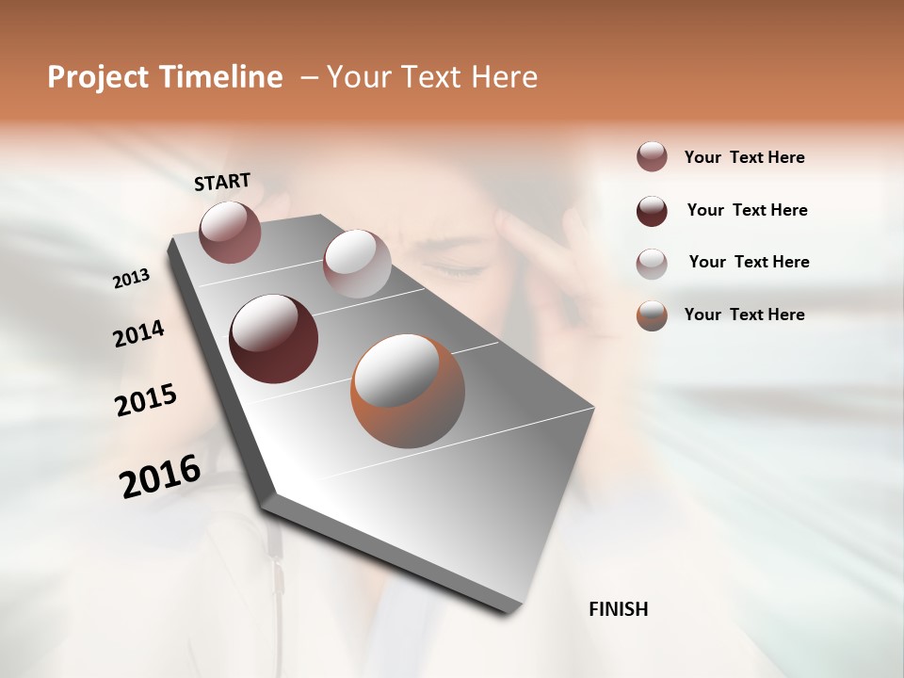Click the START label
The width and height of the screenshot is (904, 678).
click(222, 181)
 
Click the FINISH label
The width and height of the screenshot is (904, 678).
click(618, 609)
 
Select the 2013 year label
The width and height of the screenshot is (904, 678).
click(131, 278)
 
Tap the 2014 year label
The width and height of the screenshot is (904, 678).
click(138, 334)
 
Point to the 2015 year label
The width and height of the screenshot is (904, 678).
click(146, 400)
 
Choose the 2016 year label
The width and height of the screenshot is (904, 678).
click(160, 476)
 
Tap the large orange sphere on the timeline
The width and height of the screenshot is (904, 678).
click(408, 391)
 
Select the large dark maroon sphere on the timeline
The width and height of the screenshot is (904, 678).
click(274, 339)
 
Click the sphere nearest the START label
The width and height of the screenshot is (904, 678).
click(230, 232)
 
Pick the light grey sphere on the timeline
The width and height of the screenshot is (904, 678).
click(357, 264)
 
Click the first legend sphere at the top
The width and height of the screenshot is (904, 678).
click(652, 157)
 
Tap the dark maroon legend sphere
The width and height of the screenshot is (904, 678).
click(652, 211)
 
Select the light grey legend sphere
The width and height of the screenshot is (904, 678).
click(652, 263)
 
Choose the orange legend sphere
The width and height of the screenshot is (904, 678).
click(652, 315)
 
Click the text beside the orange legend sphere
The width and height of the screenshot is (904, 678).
click(744, 315)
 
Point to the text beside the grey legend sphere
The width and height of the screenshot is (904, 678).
click(749, 262)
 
